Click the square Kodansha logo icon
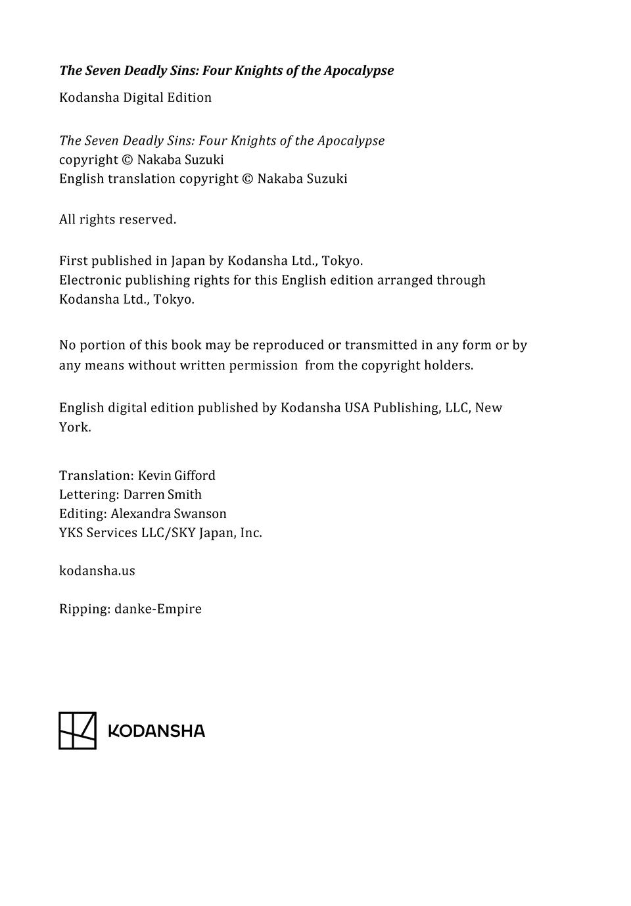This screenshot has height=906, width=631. pos(78,730)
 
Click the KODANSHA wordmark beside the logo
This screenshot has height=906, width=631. pos(156,731)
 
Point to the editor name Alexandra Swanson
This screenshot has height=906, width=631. pos(168,513)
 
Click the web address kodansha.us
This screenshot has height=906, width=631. pos(97,571)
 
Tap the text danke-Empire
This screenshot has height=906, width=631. pos(158,609)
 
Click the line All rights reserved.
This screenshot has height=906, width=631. pos(118,220)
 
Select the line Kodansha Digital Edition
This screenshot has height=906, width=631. pos(135,98)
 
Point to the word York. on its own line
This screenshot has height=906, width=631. pos(75,427)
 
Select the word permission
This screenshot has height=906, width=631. pos(263,366)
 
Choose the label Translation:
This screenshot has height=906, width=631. pos(96,475)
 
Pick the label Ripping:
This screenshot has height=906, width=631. pos(85,609)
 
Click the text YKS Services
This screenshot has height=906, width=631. pos(98,533)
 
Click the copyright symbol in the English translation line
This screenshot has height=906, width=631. pos(248,179)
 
